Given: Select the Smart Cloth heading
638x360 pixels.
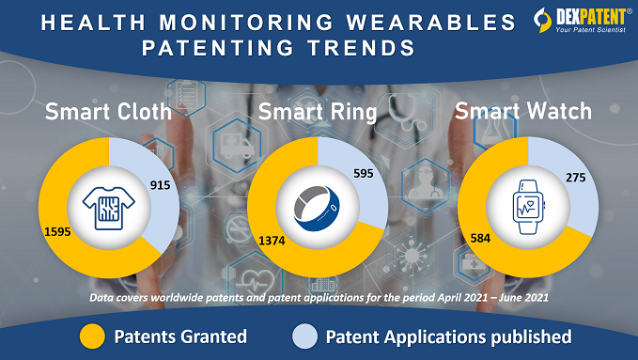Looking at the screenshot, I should point(108,114).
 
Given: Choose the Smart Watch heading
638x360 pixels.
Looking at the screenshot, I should point(523,112).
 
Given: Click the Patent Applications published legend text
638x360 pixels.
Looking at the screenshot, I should point(449,337).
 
